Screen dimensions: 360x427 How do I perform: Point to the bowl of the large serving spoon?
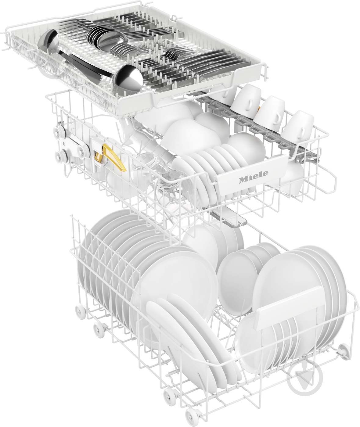128,79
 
